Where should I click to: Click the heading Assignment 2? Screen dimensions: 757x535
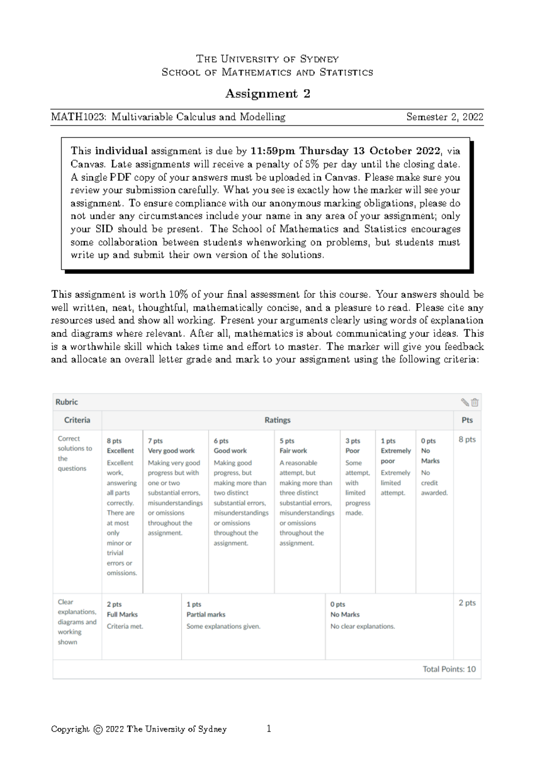coord(267,94)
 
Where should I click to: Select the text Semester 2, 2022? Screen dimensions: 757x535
coord(444,117)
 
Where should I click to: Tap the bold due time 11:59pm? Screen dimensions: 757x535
coord(273,151)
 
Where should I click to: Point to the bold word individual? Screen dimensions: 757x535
coord(121,151)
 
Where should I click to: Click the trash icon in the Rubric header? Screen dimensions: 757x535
coord(475,402)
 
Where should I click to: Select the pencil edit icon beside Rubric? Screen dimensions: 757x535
coord(465,402)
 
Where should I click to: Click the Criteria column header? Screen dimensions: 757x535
coord(77,420)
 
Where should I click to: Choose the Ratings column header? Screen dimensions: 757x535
coord(277,420)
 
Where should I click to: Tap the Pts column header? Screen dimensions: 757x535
coord(467,420)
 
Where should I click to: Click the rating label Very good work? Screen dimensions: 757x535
coord(171,451)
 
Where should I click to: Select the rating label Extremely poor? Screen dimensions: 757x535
coord(395,456)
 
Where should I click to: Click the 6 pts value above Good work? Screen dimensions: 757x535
coord(221,441)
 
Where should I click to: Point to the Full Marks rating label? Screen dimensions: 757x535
coord(122,614)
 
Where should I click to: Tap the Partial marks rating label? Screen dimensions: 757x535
coord(206,614)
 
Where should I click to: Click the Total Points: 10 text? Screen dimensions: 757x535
coord(449,669)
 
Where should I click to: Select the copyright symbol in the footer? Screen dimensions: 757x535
coord(98,730)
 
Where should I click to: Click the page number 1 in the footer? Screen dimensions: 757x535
coord(269,729)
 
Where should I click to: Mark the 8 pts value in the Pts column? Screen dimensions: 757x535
coord(467,440)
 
